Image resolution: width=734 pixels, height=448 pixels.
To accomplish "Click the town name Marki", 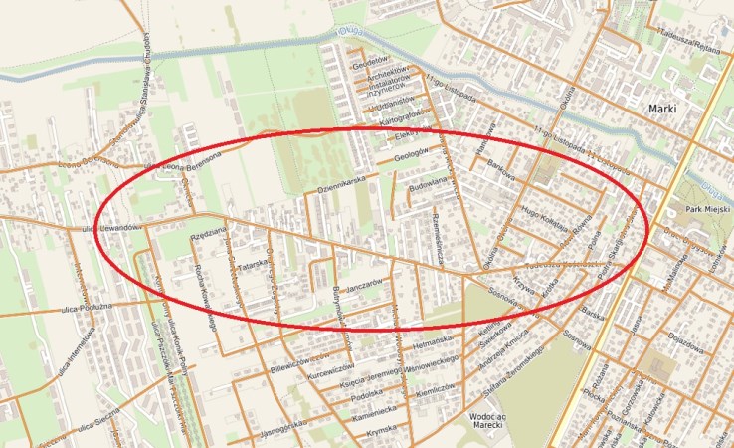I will click(x=662, y=107).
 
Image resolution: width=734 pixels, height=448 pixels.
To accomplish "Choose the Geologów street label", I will click(x=416, y=156).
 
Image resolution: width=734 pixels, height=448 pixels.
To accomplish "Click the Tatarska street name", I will click(x=255, y=266).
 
